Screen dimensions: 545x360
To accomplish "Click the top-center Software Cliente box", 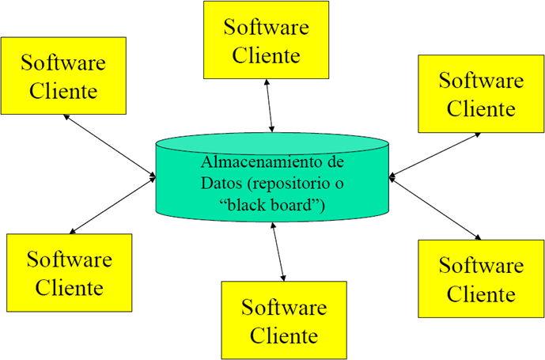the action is click(x=266, y=40).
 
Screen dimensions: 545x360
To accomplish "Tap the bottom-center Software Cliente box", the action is click(x=284, y=320).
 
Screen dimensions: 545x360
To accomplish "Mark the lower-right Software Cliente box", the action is click(x=481, y=279).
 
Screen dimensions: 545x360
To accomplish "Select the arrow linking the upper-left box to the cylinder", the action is click(x=111, y=145).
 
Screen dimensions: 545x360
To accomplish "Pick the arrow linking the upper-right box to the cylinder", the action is click(x=435, y=153).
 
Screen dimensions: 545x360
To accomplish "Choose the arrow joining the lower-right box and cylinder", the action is click(x=435, y=209).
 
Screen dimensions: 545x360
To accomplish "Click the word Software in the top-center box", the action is click(x=266, y=27).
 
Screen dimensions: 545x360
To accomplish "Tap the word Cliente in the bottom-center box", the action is click(x=284, y=334).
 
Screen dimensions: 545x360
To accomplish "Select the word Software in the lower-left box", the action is click(x=69, y=259).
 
